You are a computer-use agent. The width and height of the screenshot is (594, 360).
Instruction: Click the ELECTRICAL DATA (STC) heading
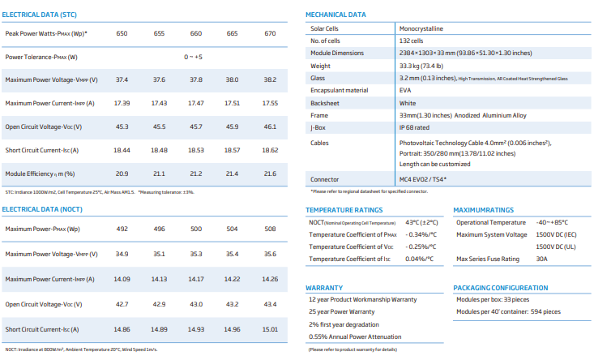(40, 15)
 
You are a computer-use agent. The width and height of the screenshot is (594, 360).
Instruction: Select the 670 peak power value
(270, 33)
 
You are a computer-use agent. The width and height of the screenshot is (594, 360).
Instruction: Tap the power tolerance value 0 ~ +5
(193, 57)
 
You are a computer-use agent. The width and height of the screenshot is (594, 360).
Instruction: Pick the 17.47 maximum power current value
(196, 103)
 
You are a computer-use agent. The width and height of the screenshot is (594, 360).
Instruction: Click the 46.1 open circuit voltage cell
(270, 126)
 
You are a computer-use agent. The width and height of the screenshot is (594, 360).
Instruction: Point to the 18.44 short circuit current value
(122, 150)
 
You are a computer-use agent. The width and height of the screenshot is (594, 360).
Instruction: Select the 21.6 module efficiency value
(270, 174)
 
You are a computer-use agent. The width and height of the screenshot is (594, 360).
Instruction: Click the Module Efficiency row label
(40, 174)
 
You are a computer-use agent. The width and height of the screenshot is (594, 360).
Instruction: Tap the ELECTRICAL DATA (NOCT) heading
(42, 209)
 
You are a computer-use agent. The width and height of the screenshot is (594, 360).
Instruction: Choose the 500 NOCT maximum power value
(196, 229)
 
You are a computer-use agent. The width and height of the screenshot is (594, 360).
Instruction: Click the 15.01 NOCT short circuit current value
(270, 329)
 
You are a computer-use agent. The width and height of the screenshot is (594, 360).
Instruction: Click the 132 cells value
(411, 41)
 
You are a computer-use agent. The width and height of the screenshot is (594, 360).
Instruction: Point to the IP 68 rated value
(414, 128)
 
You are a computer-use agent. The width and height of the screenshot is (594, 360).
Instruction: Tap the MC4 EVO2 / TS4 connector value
(423, 179)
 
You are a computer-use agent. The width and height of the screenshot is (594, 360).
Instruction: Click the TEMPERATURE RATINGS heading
(344, 210)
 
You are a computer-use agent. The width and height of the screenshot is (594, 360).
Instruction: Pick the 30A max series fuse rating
(541, 259)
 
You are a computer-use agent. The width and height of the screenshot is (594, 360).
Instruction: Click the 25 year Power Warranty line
(342, 311)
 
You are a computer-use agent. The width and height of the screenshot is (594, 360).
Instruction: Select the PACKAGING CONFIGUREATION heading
(501, 288)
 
